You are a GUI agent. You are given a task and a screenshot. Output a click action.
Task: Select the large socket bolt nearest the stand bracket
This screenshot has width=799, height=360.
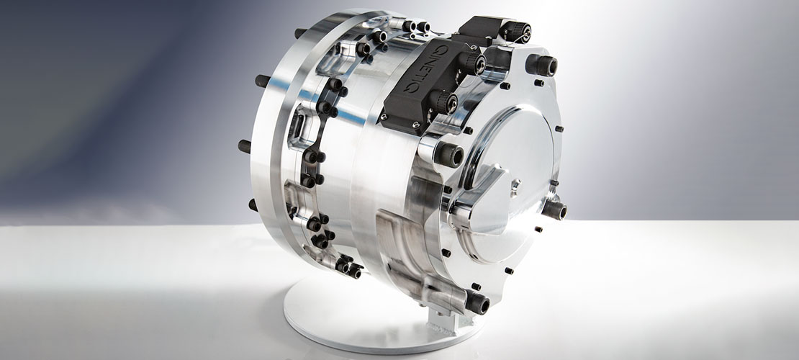(x=477, y=303)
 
